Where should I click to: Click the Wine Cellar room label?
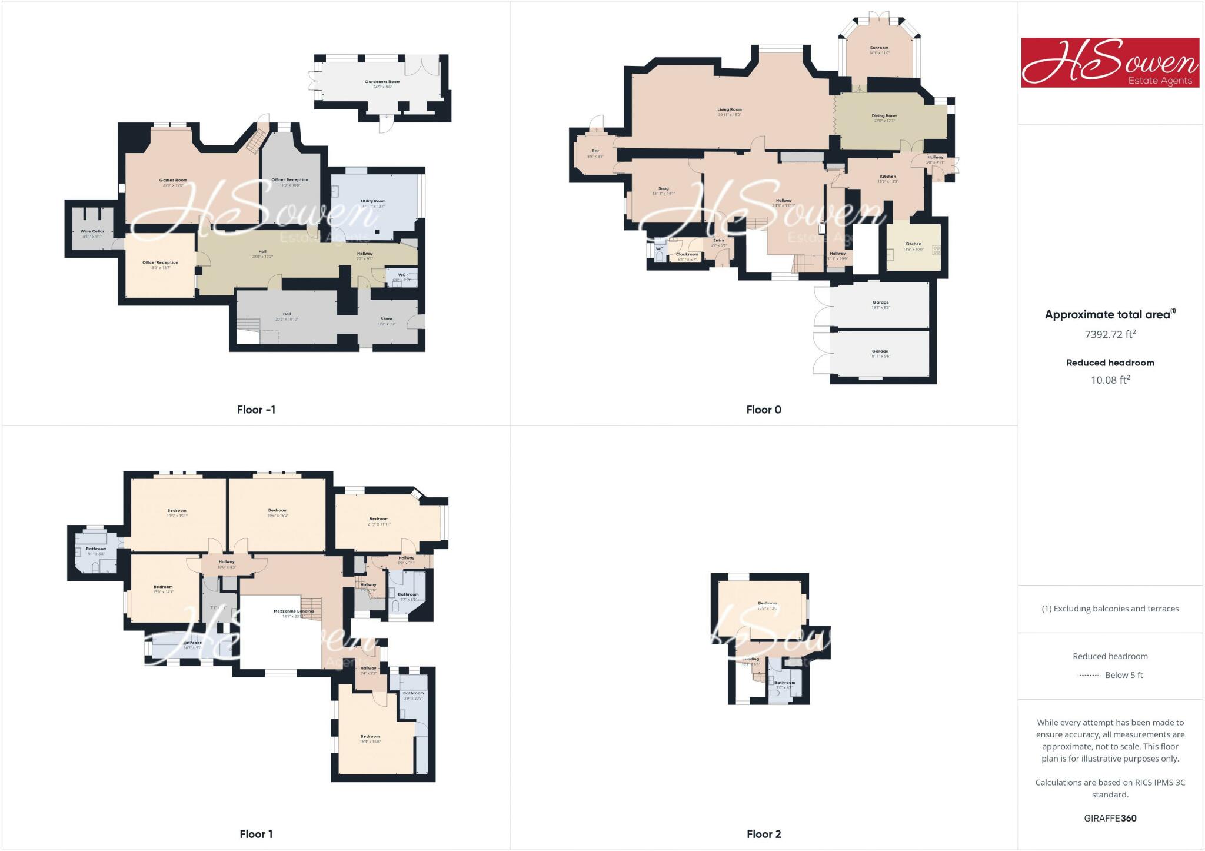click(x=92, y=231)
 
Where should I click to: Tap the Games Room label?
click(x=173, y=181)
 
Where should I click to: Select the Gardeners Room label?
click(x=382, y=82)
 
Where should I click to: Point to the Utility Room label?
click(x=373, y=201)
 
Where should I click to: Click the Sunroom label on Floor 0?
click(x=879, y=48)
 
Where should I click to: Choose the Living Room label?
click(x=729, y=109)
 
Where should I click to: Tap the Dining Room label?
click(x=884, y=116)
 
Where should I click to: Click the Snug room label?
click(x=663, y=189)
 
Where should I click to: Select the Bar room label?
click(x=595, y=151)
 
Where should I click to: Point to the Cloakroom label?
click(x=687, y=254)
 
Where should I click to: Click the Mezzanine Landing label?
click(x=294, y=611)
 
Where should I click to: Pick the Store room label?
click(x=386, y=319)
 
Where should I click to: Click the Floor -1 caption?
click(x=256, y=410)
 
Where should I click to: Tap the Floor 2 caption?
click(x=764, y=834)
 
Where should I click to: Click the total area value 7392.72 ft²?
click(x=1110, y=334)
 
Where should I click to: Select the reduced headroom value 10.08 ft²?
click(x=1110, y=380)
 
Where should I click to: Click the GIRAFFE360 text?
click(x=1110, y=818)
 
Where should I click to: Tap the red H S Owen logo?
click(x=1110, y=62)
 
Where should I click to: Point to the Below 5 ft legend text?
click(x=1124, y=675)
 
